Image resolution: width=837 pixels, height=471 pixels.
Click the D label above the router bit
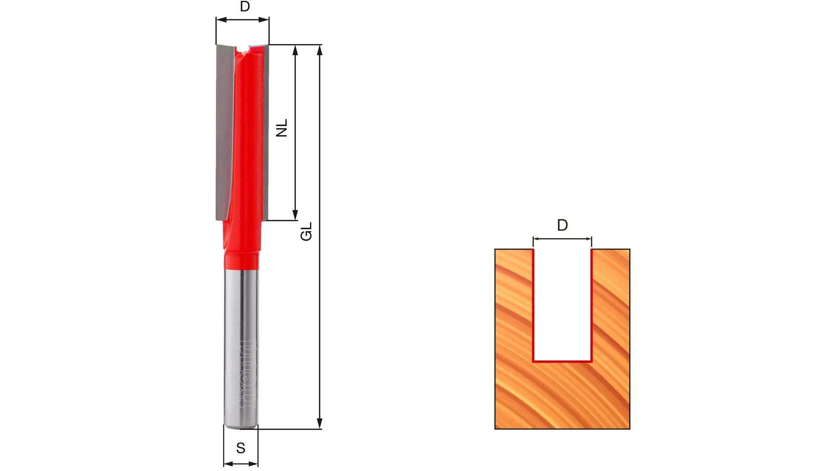click(245, 7)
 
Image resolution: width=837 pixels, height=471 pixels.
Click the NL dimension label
click(282, 128)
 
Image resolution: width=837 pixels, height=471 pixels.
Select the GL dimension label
click(306, 232)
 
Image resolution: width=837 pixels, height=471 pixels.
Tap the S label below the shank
click(241, 448)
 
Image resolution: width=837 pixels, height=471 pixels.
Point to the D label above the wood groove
click(562, 225)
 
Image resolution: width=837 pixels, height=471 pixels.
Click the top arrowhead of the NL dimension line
click(295, 50)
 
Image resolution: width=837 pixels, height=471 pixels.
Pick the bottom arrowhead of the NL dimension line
click(295, 215)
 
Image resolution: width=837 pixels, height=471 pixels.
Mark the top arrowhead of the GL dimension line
click(320, 50)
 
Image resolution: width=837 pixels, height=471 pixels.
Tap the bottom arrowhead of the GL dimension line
click(320, 423)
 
